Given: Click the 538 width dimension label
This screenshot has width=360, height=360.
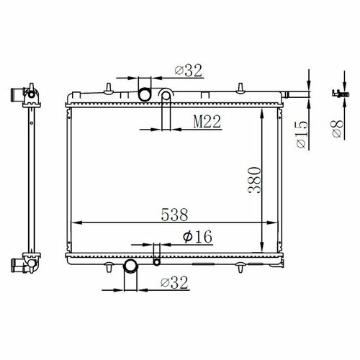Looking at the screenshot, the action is [x=174, y=215].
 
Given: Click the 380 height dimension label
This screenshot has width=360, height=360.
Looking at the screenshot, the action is [x=254, y=180].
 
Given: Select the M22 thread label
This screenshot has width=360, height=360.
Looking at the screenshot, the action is [x=207, y=122].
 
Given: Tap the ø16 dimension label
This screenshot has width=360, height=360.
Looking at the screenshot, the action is [x=197, y=236].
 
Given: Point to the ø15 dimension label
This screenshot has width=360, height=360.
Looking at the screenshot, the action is [x=302, y=135].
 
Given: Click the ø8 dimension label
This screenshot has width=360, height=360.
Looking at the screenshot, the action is [x=338, y=129].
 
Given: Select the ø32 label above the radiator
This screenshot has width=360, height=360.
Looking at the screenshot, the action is [x=189, y=71].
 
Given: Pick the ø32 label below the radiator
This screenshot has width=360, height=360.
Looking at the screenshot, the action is [x=174, y=282].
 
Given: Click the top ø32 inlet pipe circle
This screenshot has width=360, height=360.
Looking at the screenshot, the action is [x=145, y=94].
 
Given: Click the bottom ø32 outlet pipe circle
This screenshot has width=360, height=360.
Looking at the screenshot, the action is [x=130, y=266].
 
